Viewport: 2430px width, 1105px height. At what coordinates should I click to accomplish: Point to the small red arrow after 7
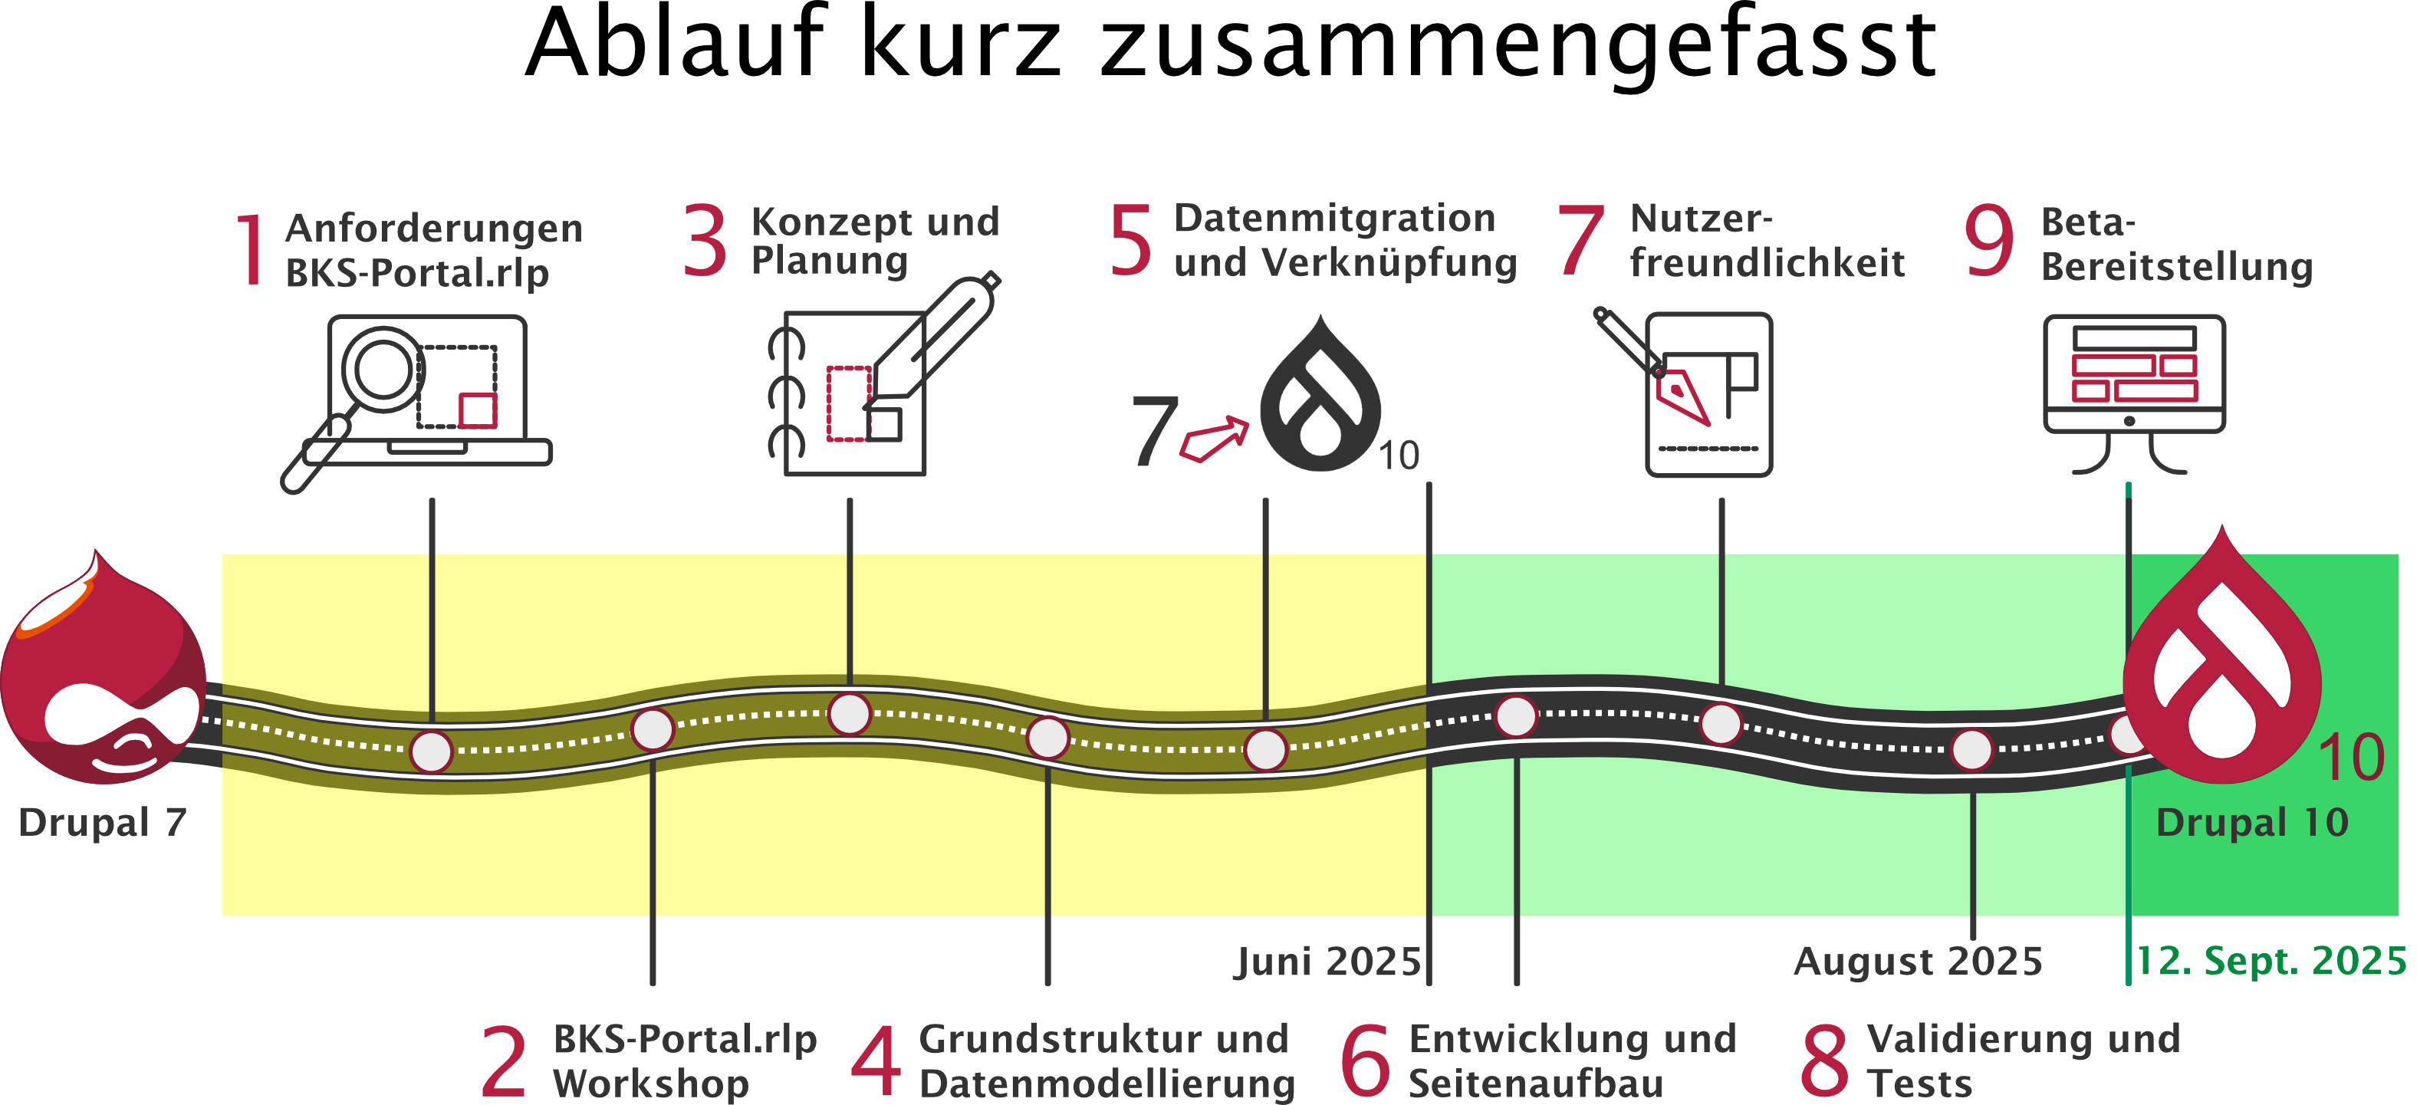coord(1215,439)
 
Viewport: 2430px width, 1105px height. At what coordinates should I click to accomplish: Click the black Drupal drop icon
coord(1320,397)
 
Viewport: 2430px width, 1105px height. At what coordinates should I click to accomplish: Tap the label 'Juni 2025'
coord(1327,962)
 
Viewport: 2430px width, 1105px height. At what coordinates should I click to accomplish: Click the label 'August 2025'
coord(1918,962)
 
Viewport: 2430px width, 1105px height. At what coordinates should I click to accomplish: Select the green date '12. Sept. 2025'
coord(2271,961)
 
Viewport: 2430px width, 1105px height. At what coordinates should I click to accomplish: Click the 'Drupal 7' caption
coord(102,823)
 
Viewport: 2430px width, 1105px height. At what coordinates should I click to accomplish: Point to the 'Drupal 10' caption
coord(2251,823)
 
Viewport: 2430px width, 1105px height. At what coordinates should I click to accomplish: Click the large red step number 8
coord(1824,1061)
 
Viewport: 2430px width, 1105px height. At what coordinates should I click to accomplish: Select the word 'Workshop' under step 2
coord(651,1084)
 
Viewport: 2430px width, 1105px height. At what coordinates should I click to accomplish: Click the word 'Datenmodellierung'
coord(1106,1084)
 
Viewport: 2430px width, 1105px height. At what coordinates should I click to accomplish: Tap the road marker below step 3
coord(849,715)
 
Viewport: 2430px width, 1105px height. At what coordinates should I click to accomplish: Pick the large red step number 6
coord(1365,1061)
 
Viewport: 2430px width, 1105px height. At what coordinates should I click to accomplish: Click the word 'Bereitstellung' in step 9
coord(2176,267)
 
